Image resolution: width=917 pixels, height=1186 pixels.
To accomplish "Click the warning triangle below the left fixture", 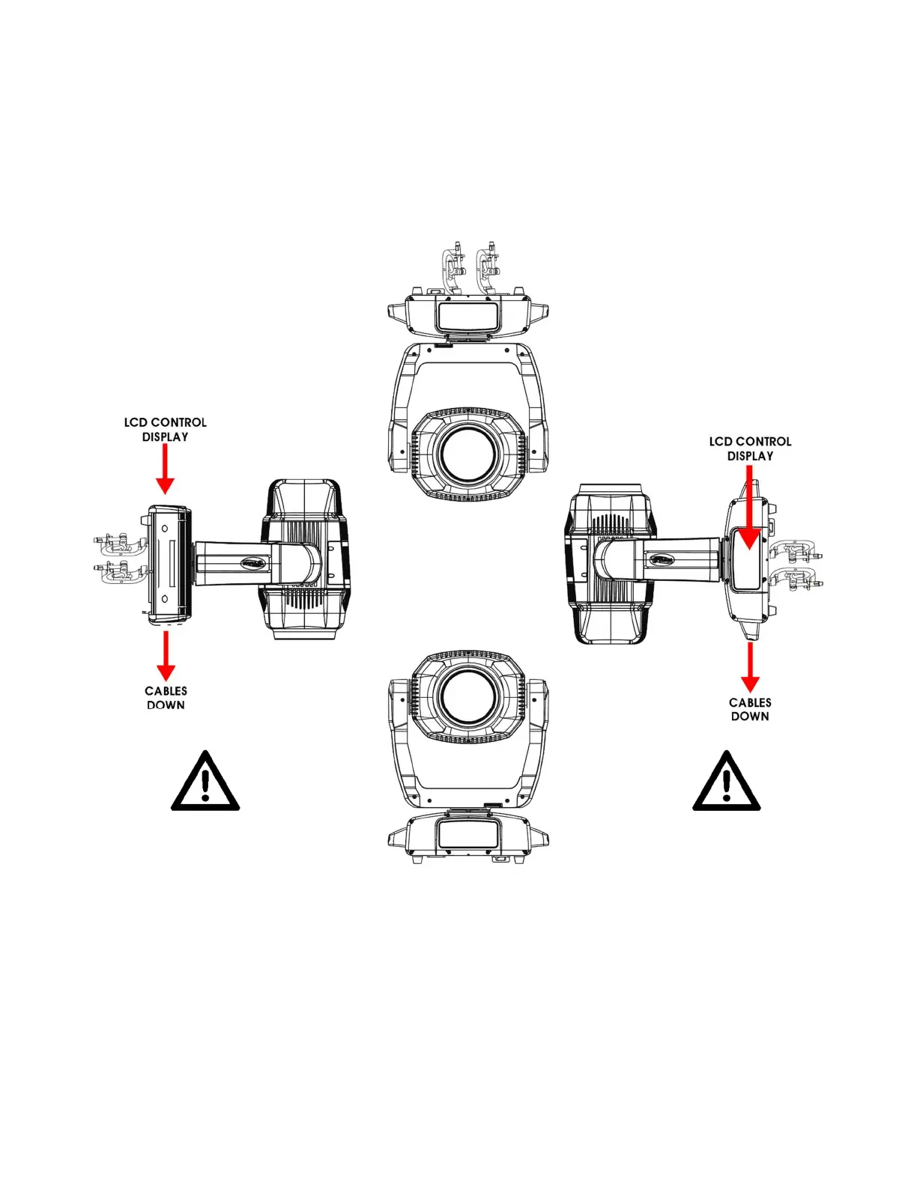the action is [205, 782].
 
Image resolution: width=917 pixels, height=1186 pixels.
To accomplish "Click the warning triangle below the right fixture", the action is [727, 782].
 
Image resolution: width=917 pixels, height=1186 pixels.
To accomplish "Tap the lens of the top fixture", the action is [468, 454].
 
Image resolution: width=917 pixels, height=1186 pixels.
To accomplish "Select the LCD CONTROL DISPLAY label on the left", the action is [166, 430].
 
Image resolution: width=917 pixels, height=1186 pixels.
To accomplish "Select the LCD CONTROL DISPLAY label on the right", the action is [750, 448].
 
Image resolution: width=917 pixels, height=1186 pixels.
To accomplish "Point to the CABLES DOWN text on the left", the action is [166, 698].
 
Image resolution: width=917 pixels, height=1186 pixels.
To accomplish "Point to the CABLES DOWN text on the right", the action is [750, 710].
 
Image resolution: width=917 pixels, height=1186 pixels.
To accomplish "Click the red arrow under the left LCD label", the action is [165, 469].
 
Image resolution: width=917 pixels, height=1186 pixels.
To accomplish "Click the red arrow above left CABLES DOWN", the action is [166, 656].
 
